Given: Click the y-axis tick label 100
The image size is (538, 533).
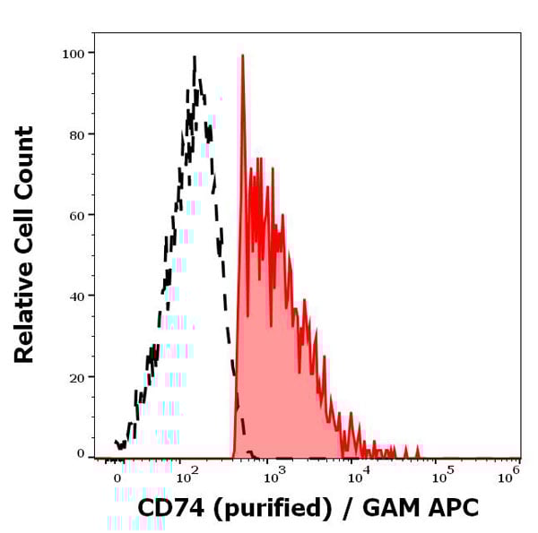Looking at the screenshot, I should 73,54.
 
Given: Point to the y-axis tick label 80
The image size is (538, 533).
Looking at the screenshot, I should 76,134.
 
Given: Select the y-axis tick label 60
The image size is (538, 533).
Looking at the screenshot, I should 76,215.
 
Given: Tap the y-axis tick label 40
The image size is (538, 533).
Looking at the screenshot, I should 76,296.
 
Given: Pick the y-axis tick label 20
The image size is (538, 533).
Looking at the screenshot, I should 76,377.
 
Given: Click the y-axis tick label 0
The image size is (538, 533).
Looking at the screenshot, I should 80,454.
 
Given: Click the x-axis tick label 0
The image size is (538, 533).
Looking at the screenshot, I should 117,479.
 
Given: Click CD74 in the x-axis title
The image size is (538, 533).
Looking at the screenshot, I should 169,509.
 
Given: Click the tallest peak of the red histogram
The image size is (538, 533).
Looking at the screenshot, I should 242,56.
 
